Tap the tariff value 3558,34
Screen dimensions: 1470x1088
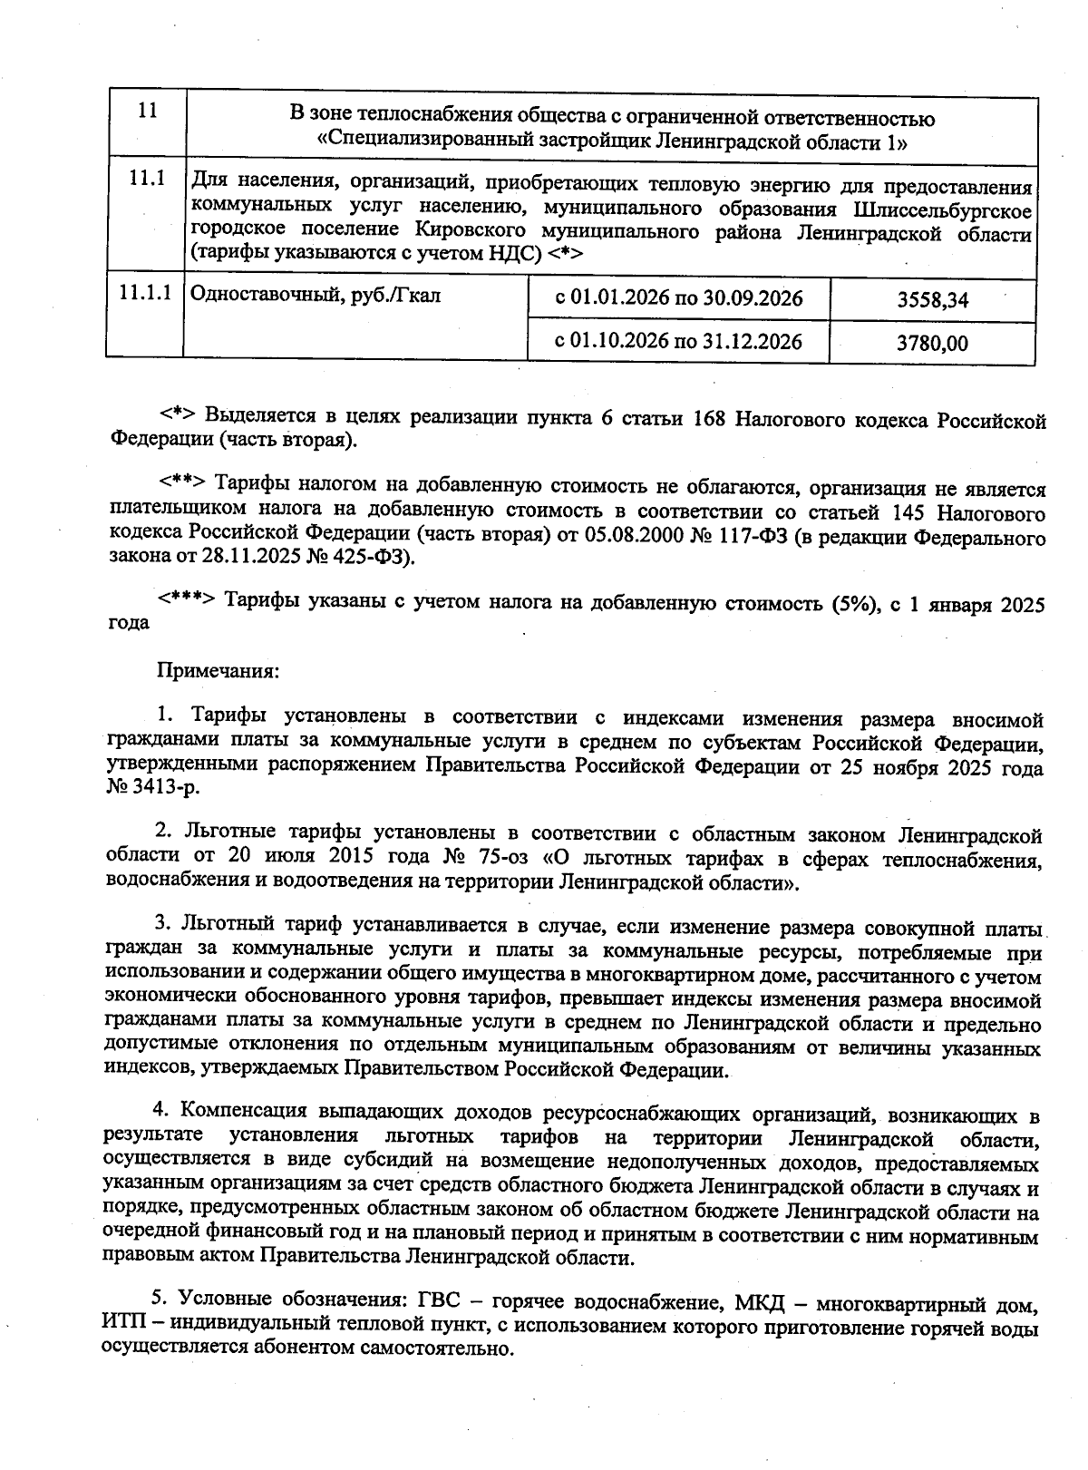(932, 300)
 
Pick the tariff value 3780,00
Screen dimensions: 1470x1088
(932, 344)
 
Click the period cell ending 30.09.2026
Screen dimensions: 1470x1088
(678, 298)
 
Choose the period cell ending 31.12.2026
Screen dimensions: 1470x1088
(678, 342)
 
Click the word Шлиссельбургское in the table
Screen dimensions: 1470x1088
(943, 210)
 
